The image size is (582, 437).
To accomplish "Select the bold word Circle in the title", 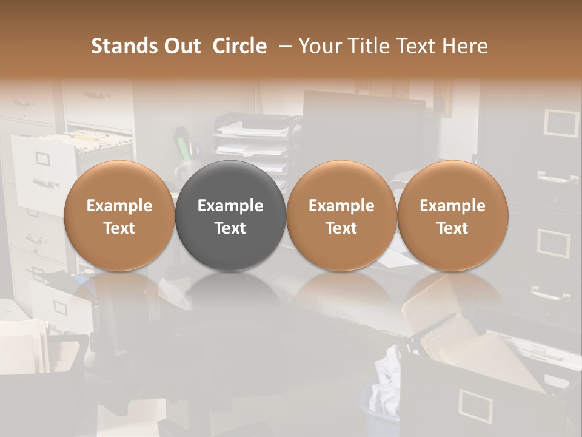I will pyautogui.click(x=239, y=46).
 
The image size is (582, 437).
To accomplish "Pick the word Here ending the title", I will pyautogui.click(x=465, y=46).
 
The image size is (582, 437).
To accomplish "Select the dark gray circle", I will pyautogui.click(x=230, y=216).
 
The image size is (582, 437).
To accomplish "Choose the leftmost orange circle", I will pyautogui.click(x=119, y=216).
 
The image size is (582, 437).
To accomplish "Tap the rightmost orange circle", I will pyautogui.click(x=452, y=216).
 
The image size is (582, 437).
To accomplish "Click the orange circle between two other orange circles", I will pyautogui.click(x=341, y=216).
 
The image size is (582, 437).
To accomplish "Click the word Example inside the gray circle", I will pyautogui.click(x=230, y=206).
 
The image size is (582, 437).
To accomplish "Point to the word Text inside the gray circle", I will pyautogui.click(x=230, y=228).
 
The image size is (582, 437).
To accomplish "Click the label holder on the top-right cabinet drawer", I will pyautogui.click(x=562, y=123).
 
